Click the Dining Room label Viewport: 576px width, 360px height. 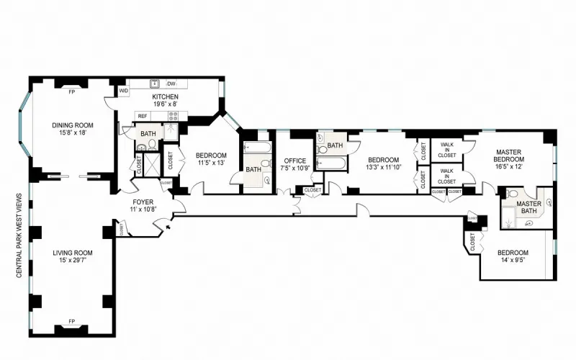pyautogui.click(x=73, y=125)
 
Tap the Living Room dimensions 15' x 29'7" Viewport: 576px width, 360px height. pyautogui.click(x=72, y=260)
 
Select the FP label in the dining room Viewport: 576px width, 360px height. pyautogui.click(x=71, y=92)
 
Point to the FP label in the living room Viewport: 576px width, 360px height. pyautogui.click(x=71, y=320)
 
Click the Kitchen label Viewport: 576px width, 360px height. pyautogui.click(x=165, y=97)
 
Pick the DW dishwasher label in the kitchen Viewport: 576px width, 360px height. pyautogui.click(x=172, y=83)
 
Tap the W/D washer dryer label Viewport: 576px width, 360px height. pyautogui.click(x=123, y=91)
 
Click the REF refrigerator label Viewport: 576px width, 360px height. pyautogui.click(x=143, y=116)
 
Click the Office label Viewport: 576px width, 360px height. pyautogui.click(x=295, y=161)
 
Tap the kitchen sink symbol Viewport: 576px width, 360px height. pyautogui.click(x=154, y=83)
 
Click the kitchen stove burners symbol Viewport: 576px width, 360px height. pyautogui.click(x=173, y=114)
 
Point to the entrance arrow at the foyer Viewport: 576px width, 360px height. pyautogui.click(x=167, y=227)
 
